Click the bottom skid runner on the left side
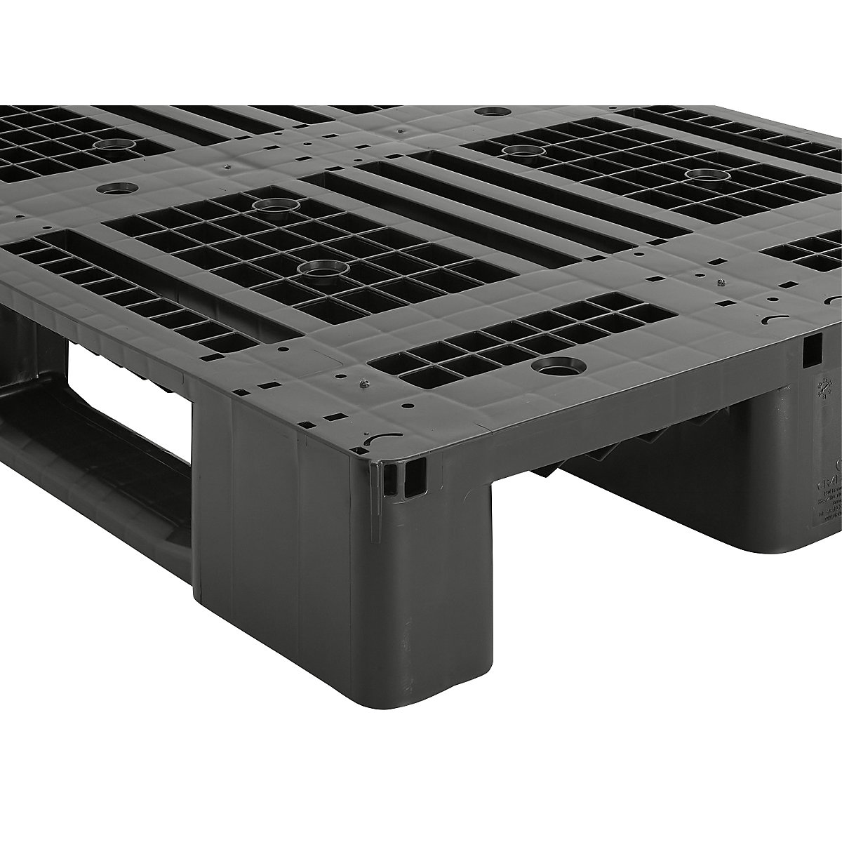coord(91,463)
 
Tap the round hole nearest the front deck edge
coord(554,366)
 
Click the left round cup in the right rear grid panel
coord(519,149)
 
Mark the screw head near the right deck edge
coord(721,281)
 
